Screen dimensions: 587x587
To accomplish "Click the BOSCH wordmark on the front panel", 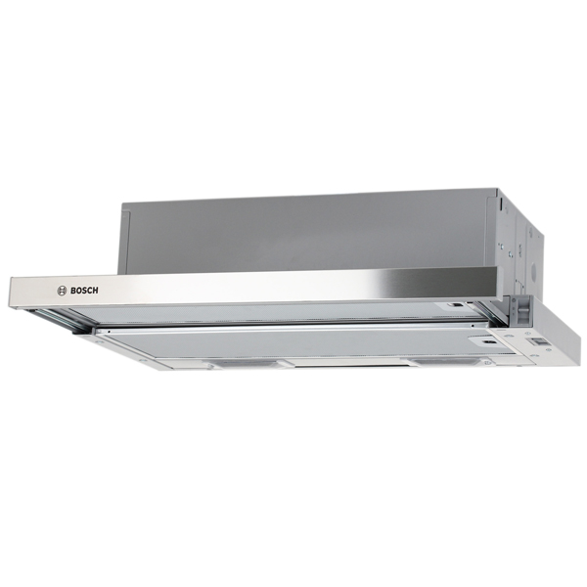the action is (84, 291).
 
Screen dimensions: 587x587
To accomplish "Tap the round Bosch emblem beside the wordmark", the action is (62, 291).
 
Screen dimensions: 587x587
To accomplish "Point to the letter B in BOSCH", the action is (73, 291).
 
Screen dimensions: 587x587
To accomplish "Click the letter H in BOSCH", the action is (96, 291).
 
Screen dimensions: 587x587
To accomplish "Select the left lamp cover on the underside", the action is (244, 363).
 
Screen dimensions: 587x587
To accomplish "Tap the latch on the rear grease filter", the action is (457, 305).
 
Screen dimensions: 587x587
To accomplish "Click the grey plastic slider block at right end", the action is (522, 309).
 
